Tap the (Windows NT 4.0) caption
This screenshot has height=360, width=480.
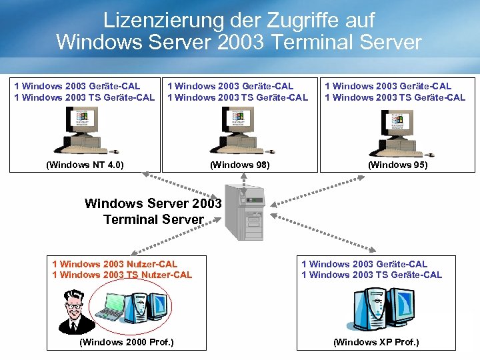(x=85, y=165)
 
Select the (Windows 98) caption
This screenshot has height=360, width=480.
(x=240, y=165)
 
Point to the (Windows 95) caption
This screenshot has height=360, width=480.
(x=398, y=165)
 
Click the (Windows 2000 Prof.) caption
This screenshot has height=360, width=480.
(x=126, y=342)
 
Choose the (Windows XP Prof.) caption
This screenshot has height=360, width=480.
(x=376, y=342)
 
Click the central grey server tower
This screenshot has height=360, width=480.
(x=244, y=212)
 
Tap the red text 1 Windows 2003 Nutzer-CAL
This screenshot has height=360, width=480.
(x=115, y=264)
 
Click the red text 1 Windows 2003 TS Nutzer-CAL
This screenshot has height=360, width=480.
(x=122, y=275)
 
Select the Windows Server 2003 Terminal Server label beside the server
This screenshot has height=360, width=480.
(x=153, y=211)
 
